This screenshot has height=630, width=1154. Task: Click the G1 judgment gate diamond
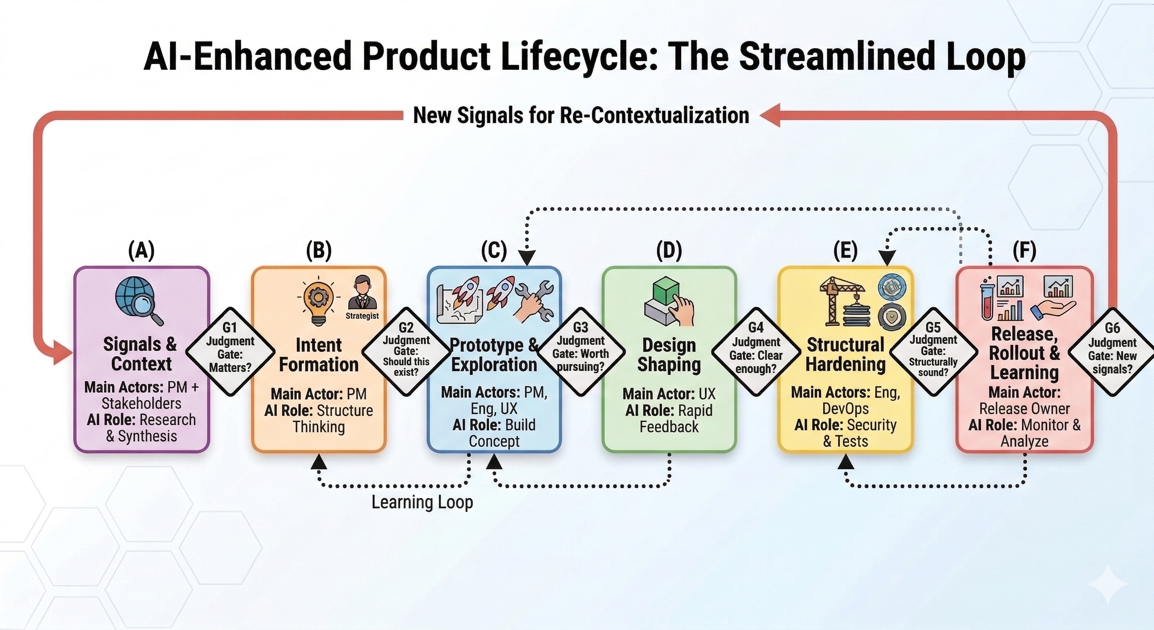(230, 352)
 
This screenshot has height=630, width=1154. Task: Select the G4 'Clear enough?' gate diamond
(756, 352)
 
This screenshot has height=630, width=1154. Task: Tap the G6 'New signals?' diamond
(1112, 352)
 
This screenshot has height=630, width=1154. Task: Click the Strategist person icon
(362, 294)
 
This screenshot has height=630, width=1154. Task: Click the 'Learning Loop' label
(422, 502)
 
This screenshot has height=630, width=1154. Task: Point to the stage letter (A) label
(141, 250)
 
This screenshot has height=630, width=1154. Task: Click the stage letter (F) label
(1025, 250)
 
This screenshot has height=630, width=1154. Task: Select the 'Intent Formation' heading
(318, 355)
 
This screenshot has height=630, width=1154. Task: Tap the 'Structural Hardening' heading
(845, 355)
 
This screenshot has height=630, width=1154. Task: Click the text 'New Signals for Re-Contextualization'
(581, 115)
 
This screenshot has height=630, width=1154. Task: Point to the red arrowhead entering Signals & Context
(63, 352)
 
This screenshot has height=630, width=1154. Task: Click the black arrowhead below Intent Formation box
(319, 461)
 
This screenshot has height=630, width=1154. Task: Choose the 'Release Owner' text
(1025, 409)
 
